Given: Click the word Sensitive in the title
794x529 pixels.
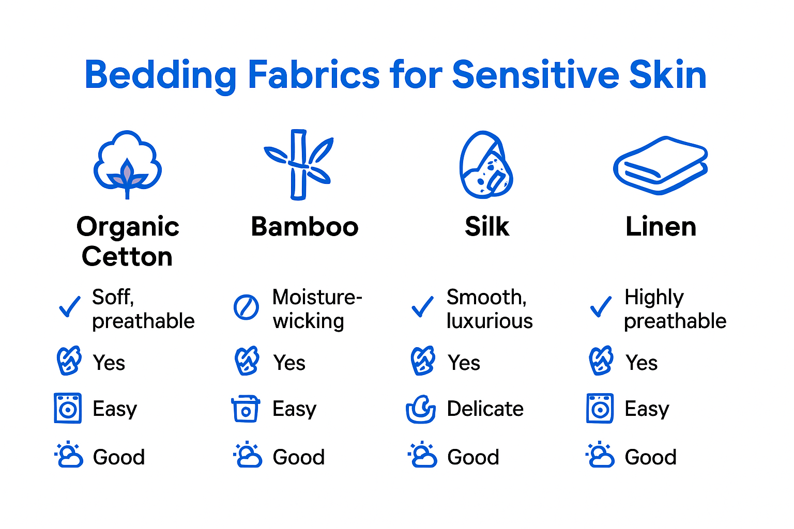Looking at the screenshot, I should [x=535, y=75].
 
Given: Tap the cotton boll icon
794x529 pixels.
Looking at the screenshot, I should [x=128, y=164].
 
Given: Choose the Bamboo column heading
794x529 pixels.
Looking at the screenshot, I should [x=304, y=227].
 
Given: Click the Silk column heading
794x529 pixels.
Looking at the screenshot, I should [x=487, y=227].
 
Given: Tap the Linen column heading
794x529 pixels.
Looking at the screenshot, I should [x=661, y=227].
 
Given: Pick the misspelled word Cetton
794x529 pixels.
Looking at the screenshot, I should [x=127, y=257].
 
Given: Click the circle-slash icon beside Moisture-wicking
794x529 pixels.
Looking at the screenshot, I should [x=246, y=307].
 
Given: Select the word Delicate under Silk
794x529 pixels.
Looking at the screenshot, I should [x=485, y=409].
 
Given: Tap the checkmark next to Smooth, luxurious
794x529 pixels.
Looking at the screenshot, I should [x=423, y=307].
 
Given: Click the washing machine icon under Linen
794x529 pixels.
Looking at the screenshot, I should [x=600, y=408].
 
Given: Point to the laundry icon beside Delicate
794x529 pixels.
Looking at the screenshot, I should [x=421, y=409].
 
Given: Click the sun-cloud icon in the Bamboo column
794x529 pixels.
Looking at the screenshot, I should [x=248, y=455].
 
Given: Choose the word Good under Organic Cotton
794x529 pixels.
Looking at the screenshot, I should [x=119, y=457].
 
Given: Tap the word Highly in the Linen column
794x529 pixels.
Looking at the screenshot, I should [x=654, y=297].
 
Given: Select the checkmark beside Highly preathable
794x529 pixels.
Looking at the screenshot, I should [x=601, y=307].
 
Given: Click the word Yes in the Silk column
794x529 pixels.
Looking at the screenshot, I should [x=464, y=363].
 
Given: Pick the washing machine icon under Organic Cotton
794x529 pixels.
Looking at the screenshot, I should [x=68, y=408].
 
